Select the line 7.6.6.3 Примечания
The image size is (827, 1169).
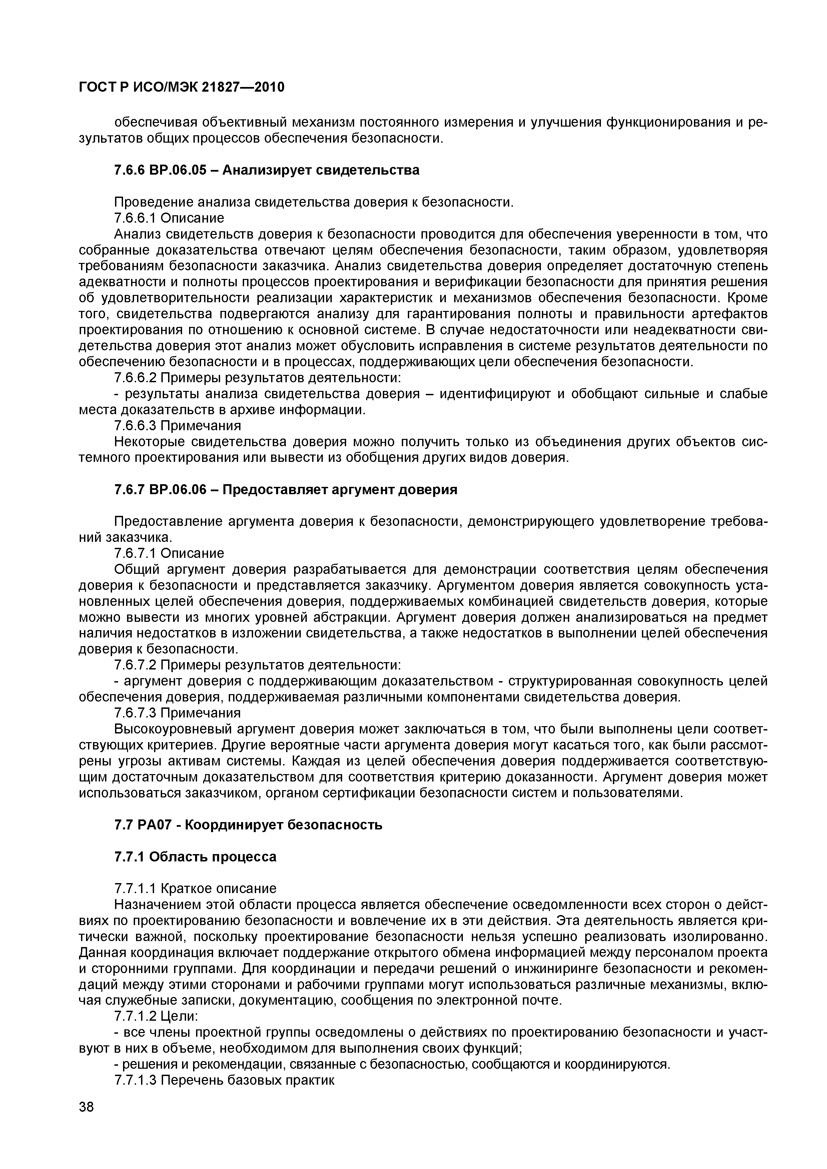(x=177, y=425)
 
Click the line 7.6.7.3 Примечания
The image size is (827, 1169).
(x=177, y=713)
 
